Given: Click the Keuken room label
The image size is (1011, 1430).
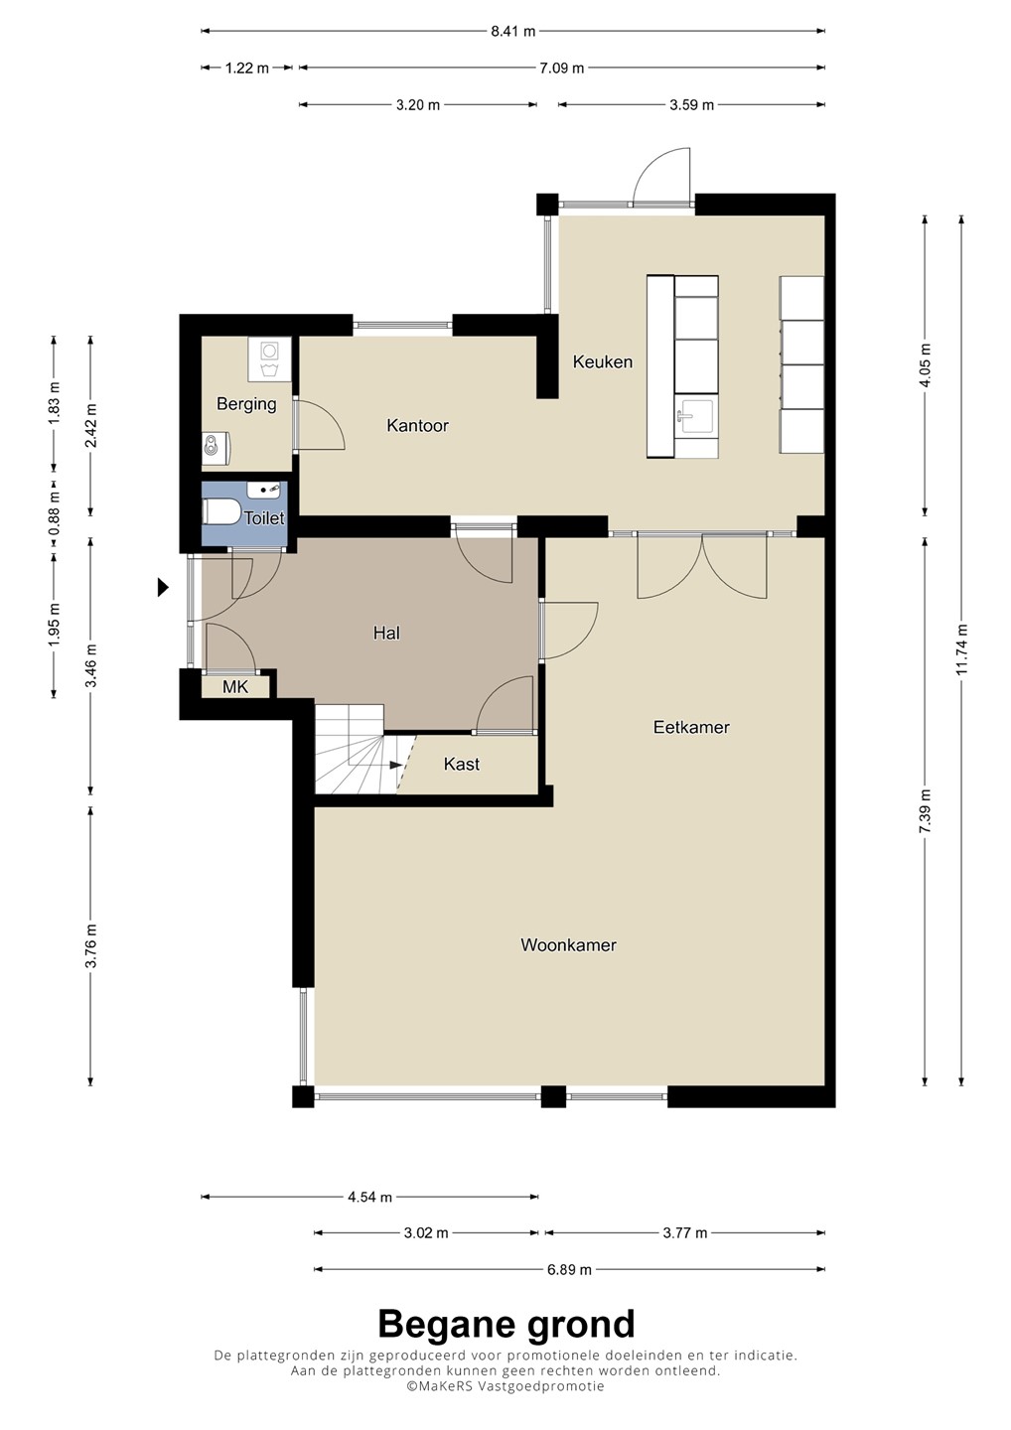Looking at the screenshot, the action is click(x=603, y=361).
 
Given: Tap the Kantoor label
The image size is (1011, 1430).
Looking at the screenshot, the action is click(x=417, y=425).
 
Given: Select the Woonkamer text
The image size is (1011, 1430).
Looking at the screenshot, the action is click(x=568, y=944).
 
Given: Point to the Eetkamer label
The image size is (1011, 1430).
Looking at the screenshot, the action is click(x=691, y=727).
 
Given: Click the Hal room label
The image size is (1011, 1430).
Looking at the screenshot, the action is click(x=386, y=633).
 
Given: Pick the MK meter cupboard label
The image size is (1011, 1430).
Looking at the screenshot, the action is click(x=235, y=687).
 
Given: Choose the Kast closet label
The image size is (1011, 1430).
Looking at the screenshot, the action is click(x=462, y=765).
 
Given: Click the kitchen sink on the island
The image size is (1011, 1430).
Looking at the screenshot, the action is click(x=696, y=417).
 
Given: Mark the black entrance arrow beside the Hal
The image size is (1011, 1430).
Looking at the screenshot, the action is click(x=164, y=587).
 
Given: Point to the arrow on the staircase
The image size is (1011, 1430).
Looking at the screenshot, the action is click(x=395, y=765).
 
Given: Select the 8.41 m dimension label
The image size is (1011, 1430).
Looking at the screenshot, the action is click(x=513, y=31).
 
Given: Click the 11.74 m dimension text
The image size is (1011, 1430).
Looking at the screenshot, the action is click(x=962, y=649).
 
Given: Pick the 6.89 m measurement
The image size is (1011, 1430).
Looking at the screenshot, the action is click(x=569, y=1270).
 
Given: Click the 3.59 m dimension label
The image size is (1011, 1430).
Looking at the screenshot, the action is click(x=692, y=104).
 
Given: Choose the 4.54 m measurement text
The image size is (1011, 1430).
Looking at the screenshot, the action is click(x=369, y=1197).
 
